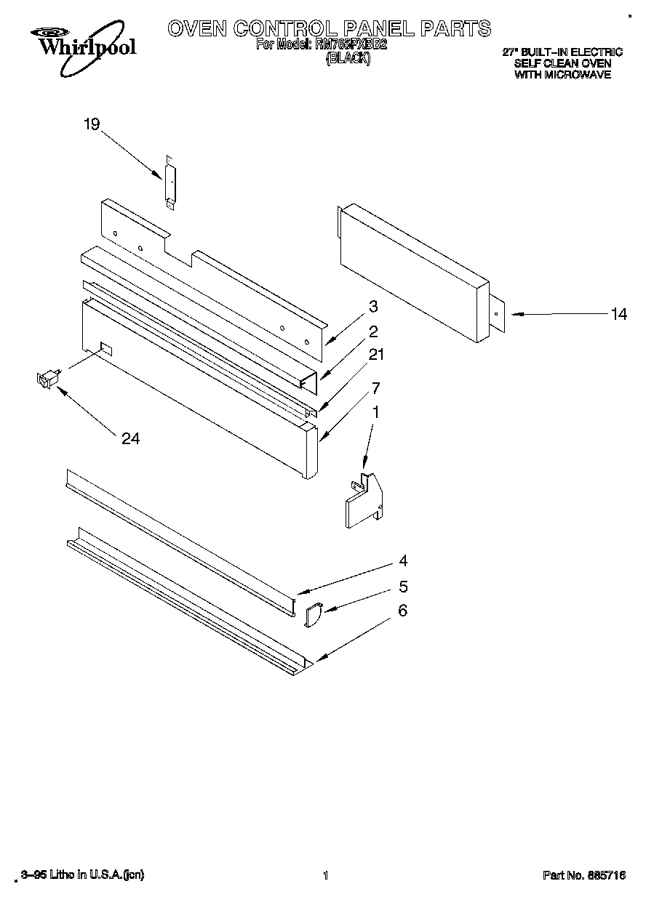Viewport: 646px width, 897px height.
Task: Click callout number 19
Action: pos(91,125)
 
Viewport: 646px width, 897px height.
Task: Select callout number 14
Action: pos(618,314)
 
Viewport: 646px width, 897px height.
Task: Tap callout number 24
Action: pos(131,438)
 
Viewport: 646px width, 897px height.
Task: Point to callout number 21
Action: pos(377,355)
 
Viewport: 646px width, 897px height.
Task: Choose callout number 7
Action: pos(376,387)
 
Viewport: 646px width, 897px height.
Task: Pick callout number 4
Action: pos(403,560)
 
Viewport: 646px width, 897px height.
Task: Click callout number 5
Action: pos(403,586)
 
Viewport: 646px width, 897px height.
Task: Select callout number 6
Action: pos(403,611)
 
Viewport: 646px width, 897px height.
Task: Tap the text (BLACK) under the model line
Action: pos(348,60)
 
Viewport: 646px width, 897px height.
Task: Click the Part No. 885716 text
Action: pos(583,876)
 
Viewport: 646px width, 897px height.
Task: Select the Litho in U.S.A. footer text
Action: pos(83,875)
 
